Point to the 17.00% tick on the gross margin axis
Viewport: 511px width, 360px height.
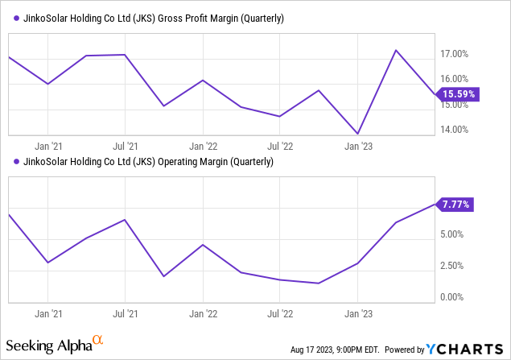[455, 54]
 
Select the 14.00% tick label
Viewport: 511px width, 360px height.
[455, 130]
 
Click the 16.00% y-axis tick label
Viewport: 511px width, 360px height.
[455, 79]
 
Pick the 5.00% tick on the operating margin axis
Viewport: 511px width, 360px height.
[452, 234]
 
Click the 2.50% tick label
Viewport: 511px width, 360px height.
[452, 266]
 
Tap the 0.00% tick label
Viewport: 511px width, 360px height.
[452, 297]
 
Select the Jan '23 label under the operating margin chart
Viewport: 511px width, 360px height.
[358, 315]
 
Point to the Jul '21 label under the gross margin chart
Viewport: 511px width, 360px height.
[124, 147]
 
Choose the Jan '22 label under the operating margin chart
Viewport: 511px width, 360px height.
[203, 315]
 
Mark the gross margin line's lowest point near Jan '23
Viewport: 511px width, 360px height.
[357, 134]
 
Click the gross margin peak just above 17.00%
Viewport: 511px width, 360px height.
[396, 50]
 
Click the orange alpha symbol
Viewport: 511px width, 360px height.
[98, 341]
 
